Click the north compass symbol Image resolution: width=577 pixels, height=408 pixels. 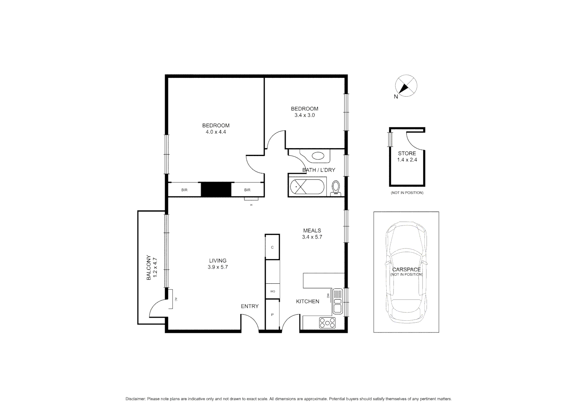(406, 86)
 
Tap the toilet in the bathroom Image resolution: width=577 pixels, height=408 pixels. (335, 188)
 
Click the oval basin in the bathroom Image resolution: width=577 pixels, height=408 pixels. (317, 155)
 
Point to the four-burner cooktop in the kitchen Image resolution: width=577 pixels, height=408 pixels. (327, 322)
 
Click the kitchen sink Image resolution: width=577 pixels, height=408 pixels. (337, 301)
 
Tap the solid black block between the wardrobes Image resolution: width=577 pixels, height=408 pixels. (216, 189)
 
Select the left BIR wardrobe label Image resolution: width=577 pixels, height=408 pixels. (184, 190)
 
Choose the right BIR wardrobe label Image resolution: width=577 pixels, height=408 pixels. (247, 190)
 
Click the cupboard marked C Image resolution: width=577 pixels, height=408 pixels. (272, 247)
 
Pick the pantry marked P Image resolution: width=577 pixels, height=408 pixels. (272, 314)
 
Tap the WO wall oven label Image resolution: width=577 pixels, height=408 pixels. (272, 291)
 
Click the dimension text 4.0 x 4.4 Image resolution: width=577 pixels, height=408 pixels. (216, 132)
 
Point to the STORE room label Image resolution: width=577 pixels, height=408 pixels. (407, 153)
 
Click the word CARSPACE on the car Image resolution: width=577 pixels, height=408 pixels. (406, 269)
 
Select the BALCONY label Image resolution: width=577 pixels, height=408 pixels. (149, 268)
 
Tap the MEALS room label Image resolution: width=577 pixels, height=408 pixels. (312, 230)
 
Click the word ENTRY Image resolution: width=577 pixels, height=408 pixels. (250, 306)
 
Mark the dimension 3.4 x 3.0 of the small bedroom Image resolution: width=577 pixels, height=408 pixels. (304, 115)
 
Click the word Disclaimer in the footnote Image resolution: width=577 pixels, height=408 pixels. (135, 399)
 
